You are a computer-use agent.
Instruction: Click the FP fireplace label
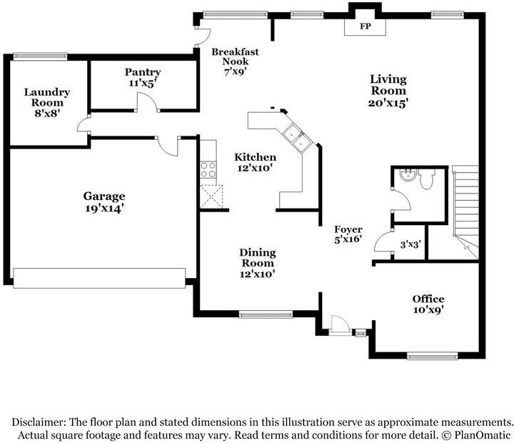tap(365, 26)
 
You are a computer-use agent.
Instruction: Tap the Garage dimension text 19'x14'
tap(104, 208)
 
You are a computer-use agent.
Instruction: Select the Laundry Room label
tap(47, 97)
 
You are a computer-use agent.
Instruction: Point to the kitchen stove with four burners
tap(208, 169)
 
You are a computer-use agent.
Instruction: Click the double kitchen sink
tap(298, 138)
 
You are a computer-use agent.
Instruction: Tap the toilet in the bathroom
tap(426, 179)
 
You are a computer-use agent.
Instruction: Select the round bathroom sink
tap(408, 174)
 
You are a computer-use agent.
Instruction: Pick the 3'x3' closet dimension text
tap(410, 244)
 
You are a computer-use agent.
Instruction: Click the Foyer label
tap(348, 229)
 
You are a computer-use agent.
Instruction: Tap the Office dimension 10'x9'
tap(428, 309)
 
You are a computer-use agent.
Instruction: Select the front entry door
tap(340, 326)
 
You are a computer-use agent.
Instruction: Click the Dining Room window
tap(266, 314)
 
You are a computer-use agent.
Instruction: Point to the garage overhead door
tap(99, 278)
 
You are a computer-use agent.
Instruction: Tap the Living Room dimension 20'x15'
tap(388, 103)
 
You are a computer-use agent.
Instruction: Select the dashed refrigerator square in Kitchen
tap(211, 196)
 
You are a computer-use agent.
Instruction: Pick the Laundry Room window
tap(40, 56)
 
